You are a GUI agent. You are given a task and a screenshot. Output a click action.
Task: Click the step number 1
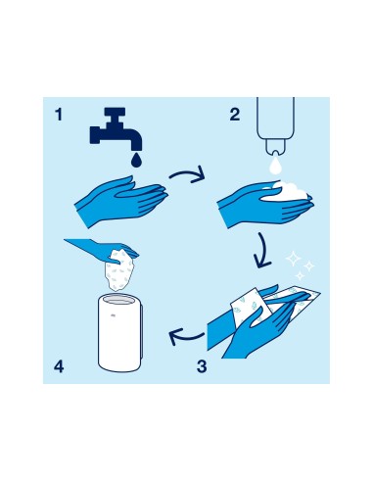[59, 115]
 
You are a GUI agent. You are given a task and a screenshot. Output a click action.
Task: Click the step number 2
[235, 115]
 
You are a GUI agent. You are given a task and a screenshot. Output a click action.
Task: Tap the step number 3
[202, 366]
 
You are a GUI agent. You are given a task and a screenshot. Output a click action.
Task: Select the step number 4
[59, 366]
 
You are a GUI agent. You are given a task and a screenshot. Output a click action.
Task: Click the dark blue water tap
[115, 130]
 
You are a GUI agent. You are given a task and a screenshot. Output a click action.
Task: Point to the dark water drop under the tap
[137, 161]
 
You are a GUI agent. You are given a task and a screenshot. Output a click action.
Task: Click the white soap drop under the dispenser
[275, 166]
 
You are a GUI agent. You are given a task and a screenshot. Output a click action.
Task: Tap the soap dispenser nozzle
[275, 147]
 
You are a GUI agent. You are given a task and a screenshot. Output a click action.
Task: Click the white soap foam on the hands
[287, 192]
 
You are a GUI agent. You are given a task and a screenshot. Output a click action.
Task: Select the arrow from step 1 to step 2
[189, 174]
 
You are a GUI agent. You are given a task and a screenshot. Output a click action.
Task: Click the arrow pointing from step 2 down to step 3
[263, 251]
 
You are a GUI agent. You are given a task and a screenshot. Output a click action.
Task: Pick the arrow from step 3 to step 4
[186, 336]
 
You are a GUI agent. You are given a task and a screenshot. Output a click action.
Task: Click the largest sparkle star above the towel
[293, 259]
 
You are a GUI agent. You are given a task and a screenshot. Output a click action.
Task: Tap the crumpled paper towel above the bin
[119, 270]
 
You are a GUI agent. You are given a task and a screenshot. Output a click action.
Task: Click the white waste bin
[120, 332]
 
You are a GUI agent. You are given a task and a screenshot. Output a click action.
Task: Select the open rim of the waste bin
[119, 299]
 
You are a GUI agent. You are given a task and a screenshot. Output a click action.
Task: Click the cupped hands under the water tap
[120, 200]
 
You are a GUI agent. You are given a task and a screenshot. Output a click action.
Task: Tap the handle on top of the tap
[115, 112]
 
